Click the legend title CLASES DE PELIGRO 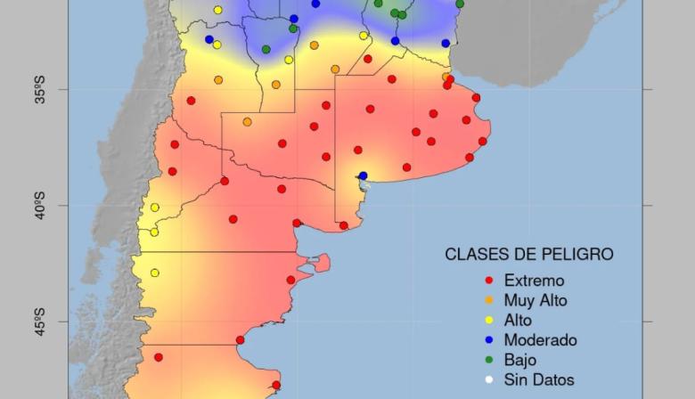[x=529, y=255]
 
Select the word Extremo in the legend [x=534, y=281]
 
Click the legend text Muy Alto [x=535, y=300]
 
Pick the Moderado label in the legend [x=540, y=340]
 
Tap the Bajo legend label [x=520, y=360]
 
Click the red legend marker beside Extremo [x=488, y=281]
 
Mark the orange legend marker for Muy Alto [x=488, y=300]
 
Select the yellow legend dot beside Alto [x=488, y=321]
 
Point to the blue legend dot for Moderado [x=488, y=340]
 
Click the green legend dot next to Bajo [x=488, y=360]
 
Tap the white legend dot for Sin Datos [x=488, y=379]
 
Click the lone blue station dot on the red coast [x=363, y=175]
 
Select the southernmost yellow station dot [x=154, y=273]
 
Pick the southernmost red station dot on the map [x=276, y=386]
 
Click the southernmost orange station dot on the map [x=247, y=122]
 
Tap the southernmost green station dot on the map [x=266, y=49]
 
